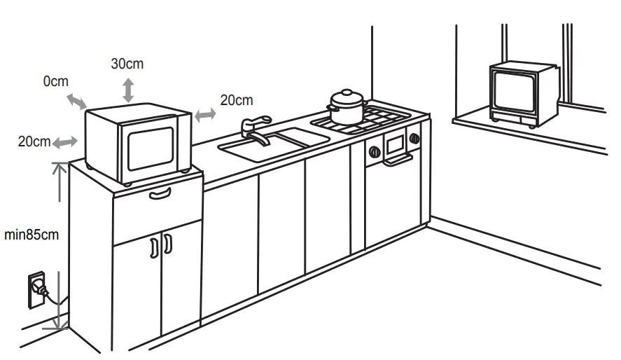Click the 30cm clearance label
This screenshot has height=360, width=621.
pyautogui.click(x=127, y=64)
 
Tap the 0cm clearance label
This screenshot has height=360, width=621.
pyautogui.click(x=56, y=81)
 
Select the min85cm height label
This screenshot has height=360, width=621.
pyautogui.click(x=32, y=235)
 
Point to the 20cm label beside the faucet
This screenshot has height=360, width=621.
pyautogui.click(x=236, y=100)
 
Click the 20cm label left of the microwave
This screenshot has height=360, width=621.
pyautogui.click(x=34, y=141)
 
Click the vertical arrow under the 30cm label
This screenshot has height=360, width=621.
pyautogui.click(x=128, y=90)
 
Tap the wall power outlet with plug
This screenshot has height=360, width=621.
pyautogui.click(x=36, y=289)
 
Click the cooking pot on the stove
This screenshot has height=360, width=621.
pyautogui.click(x=347, y=107)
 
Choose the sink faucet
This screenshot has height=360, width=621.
pyautogui.click(x=253, y=130)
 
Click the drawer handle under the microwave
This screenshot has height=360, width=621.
pyautogui.click(x=160, y=193)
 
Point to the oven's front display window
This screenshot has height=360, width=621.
pyautogui.click(x=396, y=144)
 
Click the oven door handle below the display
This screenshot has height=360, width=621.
pyautogui.click(x=396, y=161)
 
